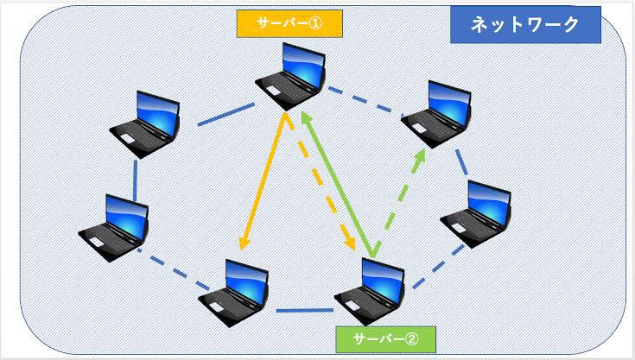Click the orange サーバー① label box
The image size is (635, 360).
point(289,23)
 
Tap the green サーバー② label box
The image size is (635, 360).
point(386,338)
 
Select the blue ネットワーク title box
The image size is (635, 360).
point(525,25)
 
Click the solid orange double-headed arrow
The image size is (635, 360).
point(263,181)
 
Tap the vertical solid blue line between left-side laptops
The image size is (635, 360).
point(136,178)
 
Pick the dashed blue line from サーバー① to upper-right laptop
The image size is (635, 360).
point(368,99)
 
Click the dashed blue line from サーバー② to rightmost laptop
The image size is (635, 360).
point(434,263)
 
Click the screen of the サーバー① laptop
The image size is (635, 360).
point(299,64)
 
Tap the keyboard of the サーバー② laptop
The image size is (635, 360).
point(363,303)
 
